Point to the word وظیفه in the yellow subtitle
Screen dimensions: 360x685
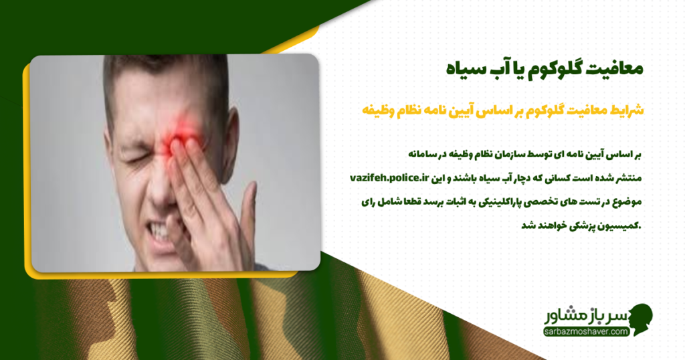[x=382, y=108]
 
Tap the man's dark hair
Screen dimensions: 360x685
[x=167, y=74]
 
